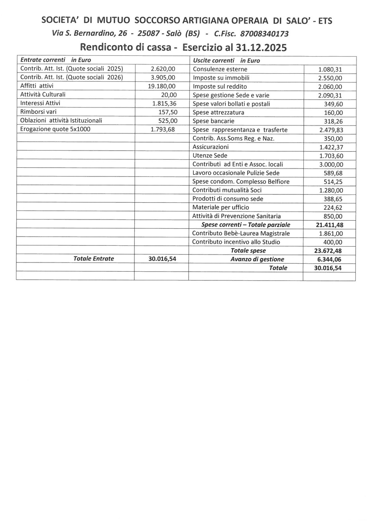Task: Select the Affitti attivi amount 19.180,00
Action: [162, 86]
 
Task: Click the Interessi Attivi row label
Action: [40, 103]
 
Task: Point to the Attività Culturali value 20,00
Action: [169, 95]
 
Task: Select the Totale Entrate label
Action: [94, 259]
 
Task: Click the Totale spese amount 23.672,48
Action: [329, 251]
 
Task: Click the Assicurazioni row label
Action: [211, 147]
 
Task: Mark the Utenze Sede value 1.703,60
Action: [331, 156]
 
